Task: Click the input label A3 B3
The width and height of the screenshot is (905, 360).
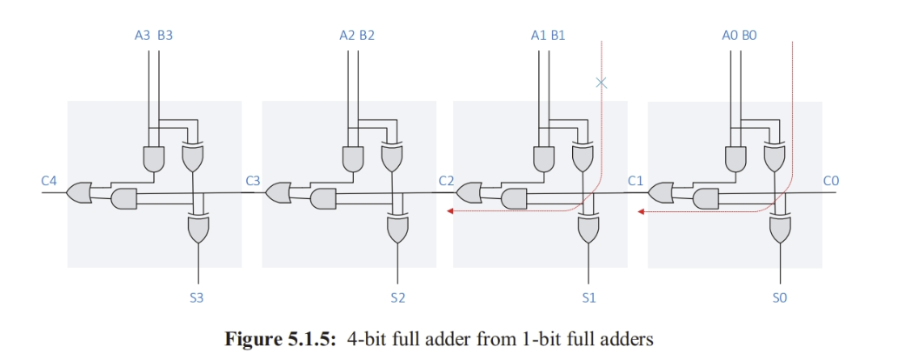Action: [x=154, y=36]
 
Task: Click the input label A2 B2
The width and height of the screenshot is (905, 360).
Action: [x=356, y=36]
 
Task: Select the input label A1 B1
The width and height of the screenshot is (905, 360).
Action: [x=548, y=36]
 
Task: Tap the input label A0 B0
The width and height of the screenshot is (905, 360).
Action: [x=739, y=36]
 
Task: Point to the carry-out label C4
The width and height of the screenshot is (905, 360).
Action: [x=49, y=181]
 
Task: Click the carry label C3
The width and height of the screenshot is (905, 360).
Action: [x=253, y=181]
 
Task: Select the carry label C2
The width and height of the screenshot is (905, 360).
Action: [x=446, y=181]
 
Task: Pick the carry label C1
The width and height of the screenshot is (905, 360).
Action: [x=635, y=181]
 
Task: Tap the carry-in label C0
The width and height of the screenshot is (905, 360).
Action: [x=831, y=181]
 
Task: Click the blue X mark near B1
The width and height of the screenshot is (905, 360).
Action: [x=601, y=83]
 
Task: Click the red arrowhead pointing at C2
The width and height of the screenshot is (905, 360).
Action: [x=451, y=210]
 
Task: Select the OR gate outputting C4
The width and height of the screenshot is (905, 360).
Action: [x=78, y=192]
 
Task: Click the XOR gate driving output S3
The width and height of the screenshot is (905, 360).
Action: [x=198, y=229]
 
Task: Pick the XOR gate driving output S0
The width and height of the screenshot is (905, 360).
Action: [x=780, y=230]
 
